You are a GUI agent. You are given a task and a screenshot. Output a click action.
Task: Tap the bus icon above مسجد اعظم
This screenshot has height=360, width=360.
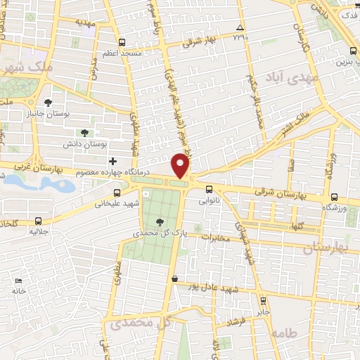coord(122,42)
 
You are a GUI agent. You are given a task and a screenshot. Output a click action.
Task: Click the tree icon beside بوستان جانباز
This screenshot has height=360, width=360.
coord(48,103)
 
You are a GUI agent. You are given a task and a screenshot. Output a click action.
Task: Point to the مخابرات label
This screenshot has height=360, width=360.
coord(216,238)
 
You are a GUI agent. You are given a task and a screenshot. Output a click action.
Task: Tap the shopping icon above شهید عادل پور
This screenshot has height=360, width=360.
coord(174,279)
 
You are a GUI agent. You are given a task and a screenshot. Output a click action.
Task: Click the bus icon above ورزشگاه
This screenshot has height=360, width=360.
coord(333,198)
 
